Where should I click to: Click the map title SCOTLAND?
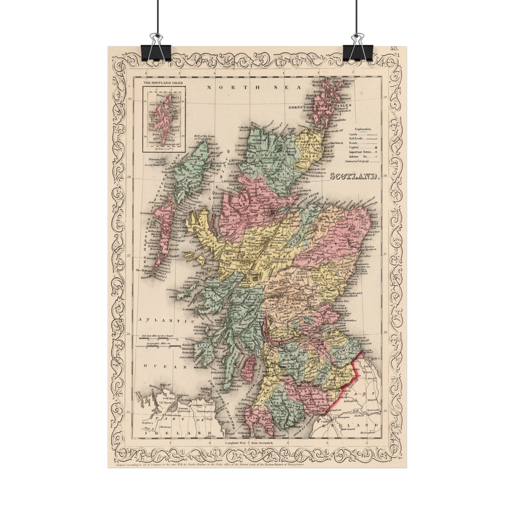[355, 176]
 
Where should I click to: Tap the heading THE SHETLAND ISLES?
[159, 83]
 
